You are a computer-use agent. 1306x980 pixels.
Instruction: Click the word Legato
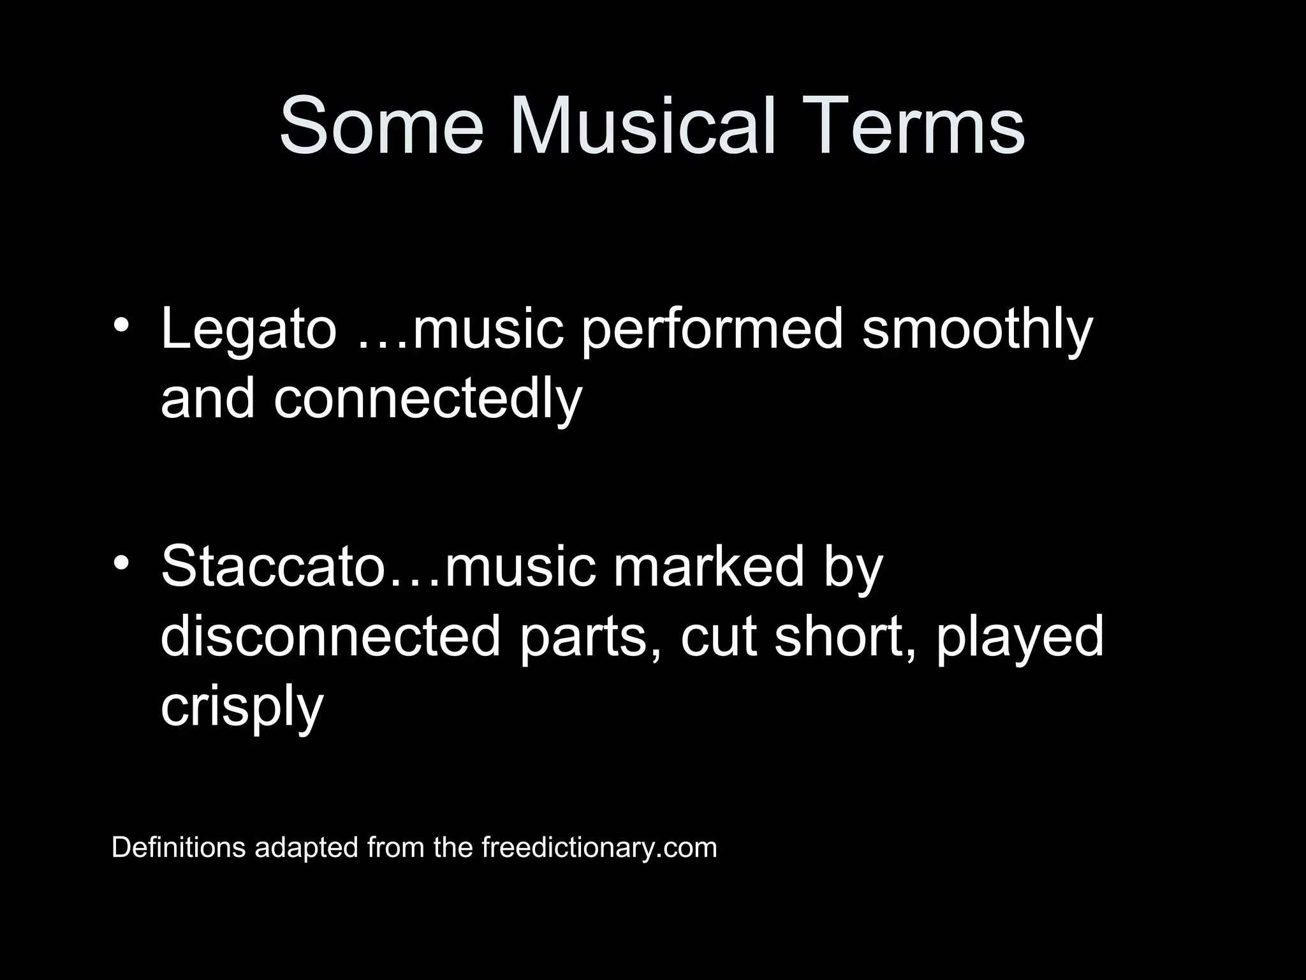click(x=248, y=330)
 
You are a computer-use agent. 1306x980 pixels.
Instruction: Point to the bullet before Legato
click(x=121, y=323)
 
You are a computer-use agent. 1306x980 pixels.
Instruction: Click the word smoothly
click(x=977, y=330)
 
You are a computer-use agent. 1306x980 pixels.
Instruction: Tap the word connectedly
click(x=428, y=399)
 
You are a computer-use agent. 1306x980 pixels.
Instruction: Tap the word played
click(x=1020, y=638)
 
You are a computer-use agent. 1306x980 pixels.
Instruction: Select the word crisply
click(x=242, y=707)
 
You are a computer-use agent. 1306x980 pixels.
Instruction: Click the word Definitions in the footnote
click(x=179, y=847)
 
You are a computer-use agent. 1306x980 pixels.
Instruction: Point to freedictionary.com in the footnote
click(x=599, y=847)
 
